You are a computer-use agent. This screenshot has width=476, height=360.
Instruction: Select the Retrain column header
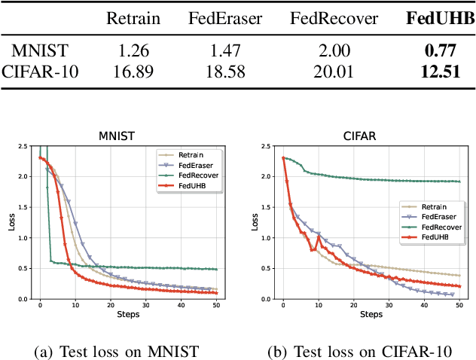point(133,18)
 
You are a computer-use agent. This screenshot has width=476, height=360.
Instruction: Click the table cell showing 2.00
point(334,51)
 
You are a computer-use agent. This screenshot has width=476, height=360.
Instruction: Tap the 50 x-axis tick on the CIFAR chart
point(459,305)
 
